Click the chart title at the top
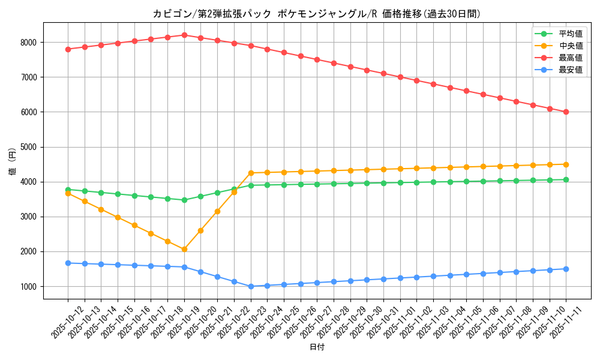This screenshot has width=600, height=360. (x=317, y=14)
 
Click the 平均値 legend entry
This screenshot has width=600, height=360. (x=571, y=34)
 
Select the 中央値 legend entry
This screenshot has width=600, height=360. (x=571, y=46)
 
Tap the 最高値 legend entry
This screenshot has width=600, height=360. (x=571, y=58)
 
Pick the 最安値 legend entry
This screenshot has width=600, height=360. (x=571, y=70)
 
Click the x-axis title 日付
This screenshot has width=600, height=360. (x=317, y=347)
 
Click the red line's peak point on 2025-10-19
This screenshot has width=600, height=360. (x=184, y=35)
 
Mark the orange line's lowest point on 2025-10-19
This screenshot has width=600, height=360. (x=184, y=249)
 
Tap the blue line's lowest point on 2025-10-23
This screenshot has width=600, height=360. (x=251, y=286)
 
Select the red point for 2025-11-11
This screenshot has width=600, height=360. (x=566, y=112)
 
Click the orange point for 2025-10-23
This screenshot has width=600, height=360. (x=251, y=173)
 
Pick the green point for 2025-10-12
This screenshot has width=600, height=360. (x=68, y=190)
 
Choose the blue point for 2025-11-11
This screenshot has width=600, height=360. (x=566, y=269)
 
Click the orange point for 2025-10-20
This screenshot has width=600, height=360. (x=200, y=230)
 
